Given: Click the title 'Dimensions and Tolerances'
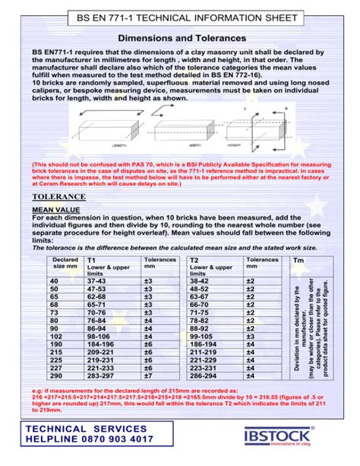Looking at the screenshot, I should [182, 37].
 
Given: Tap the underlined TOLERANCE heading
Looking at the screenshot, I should [58, 195].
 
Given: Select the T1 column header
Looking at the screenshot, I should [92, 260].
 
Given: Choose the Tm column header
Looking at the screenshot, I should [298, 260].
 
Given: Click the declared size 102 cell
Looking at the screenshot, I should [54, 335].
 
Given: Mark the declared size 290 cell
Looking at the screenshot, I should [54, 376].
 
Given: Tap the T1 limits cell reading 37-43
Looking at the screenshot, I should [96, 281].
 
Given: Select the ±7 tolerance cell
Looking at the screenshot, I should [148, 376].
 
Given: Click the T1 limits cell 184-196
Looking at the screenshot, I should [98, 344].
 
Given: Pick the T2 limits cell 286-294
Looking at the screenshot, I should [201, 376].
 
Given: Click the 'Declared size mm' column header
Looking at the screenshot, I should [66, 263].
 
